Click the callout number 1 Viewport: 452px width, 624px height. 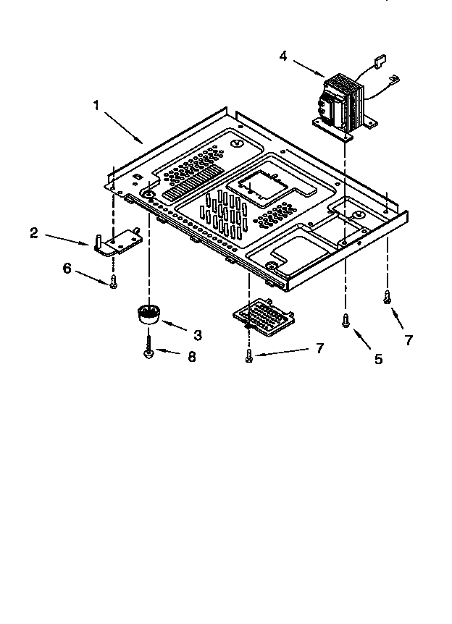point(96,104)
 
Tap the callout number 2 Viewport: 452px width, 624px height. point(34,232)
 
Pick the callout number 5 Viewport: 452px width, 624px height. point(378,358)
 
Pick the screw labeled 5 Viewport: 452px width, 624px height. point(346,319)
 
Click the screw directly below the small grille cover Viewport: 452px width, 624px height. point(249,355)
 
